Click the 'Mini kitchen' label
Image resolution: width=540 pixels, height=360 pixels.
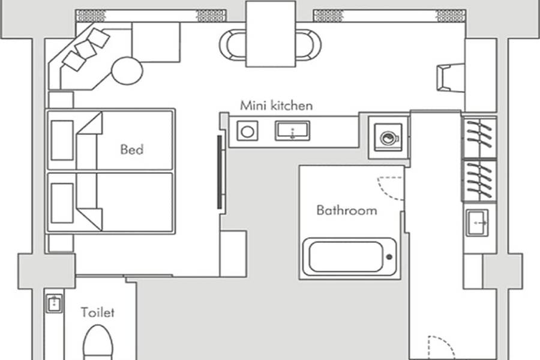click(276, 106)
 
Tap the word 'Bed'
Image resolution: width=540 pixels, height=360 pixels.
click(132, 149)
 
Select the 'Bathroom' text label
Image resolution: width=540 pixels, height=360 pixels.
click(347, 210)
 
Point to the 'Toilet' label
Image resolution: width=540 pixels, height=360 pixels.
click(98, 312)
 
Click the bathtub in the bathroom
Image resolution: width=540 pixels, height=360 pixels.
click(349, 257)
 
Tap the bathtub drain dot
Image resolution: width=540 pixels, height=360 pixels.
click(389, 257)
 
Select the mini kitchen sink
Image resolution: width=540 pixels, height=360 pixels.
click(292, 131)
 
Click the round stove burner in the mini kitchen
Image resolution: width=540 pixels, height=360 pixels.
click(247, 131)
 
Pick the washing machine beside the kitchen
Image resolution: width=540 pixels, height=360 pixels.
click(388, 137)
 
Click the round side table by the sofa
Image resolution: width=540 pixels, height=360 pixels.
click(127, 71)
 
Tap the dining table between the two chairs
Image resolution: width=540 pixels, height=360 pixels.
click(271, 34)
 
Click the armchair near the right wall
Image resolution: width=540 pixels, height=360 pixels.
click(451, 77)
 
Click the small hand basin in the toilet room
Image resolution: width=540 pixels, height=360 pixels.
click(54, 304)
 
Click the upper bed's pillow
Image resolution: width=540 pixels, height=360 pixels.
click(62, 140)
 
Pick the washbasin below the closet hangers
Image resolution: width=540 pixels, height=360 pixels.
click(478, 223)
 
